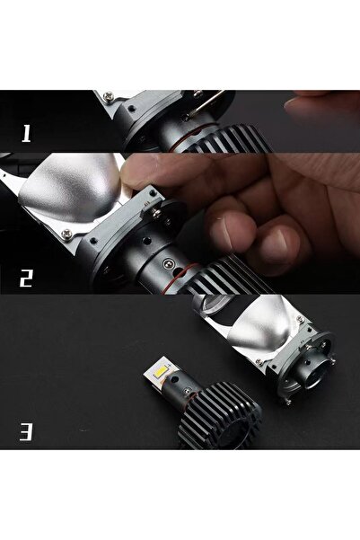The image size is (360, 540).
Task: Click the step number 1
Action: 26,133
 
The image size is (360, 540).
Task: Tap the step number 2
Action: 25,279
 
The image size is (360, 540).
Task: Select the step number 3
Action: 26,432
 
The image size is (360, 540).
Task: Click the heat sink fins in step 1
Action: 228,140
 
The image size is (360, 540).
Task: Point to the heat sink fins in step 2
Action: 227,276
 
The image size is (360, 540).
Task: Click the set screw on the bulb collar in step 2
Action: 169,263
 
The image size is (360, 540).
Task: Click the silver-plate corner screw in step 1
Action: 109,96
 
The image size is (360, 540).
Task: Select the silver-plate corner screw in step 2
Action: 66,235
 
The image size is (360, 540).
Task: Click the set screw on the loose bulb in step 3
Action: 187,391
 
